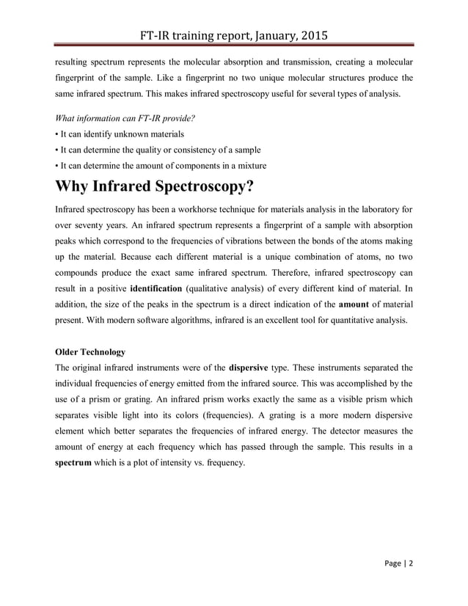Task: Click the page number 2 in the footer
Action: [x=411, y=564]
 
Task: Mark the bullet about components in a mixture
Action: [x=161, y=165]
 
